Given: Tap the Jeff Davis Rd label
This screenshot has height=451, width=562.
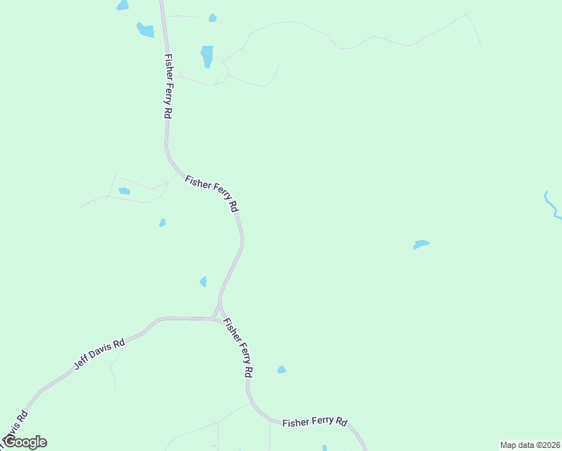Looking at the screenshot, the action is pos(98,352).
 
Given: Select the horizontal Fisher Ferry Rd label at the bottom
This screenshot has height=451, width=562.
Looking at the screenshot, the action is pos(315,422).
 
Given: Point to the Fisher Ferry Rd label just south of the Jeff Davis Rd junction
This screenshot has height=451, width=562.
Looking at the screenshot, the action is pos(238,347).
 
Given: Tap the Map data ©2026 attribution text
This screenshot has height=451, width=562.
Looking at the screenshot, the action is pos(530,445).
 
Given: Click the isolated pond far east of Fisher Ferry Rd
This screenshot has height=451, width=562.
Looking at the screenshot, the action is pos(421,244).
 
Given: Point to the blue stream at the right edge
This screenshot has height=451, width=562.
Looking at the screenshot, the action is pos(551,204).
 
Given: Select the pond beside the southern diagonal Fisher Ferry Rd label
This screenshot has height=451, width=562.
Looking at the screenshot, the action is pos(281,370).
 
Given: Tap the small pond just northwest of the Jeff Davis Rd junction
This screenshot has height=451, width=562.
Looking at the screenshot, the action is pos(203,282).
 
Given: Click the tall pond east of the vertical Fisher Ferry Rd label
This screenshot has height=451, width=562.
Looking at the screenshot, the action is pos(207,56).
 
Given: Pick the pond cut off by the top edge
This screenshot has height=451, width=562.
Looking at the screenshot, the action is pos(122,5).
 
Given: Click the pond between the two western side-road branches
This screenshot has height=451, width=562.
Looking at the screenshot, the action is pos(124,191).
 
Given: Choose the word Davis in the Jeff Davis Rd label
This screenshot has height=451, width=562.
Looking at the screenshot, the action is pos(100,351).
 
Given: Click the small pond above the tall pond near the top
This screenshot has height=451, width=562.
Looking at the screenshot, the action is pos(213,18).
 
